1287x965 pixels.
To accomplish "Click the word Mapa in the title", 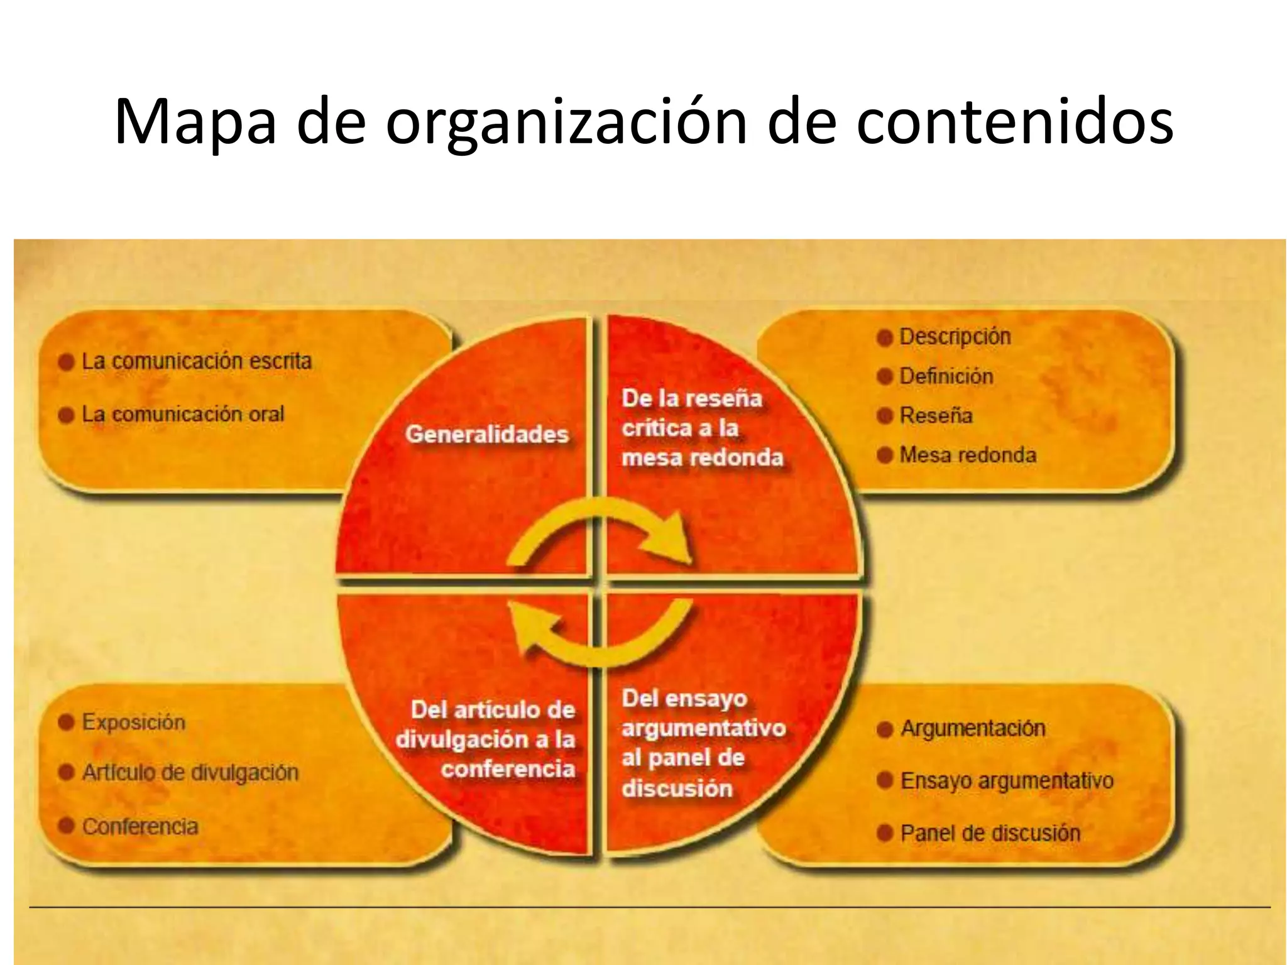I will click(195, 123).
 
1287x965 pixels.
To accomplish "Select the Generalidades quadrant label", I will click(487, 434).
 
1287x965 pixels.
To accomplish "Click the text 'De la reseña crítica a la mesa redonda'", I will click(703, 428).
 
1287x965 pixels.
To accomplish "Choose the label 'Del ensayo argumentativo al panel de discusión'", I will click(703, 743).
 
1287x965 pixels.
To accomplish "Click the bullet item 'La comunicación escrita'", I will click(197, 361).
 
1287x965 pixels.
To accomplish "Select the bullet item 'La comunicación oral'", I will click(183, 415).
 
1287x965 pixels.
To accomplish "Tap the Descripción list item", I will click(955, 337).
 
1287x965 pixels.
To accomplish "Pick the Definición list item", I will click(946, 376).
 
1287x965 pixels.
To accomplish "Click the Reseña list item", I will click(936, 415).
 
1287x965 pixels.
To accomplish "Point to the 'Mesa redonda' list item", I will click(968, 455).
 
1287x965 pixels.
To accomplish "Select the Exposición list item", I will click(134, 722).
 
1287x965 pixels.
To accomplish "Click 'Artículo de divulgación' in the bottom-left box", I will click(190, 773).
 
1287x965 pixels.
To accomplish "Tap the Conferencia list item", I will click(140, 826).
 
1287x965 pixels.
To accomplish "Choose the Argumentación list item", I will click(973, 729).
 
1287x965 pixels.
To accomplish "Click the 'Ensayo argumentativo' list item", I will click(1007, 781).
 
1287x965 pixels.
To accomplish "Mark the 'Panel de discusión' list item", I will click(990, 834).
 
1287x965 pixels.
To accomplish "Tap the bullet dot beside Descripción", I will click(885, 338).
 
